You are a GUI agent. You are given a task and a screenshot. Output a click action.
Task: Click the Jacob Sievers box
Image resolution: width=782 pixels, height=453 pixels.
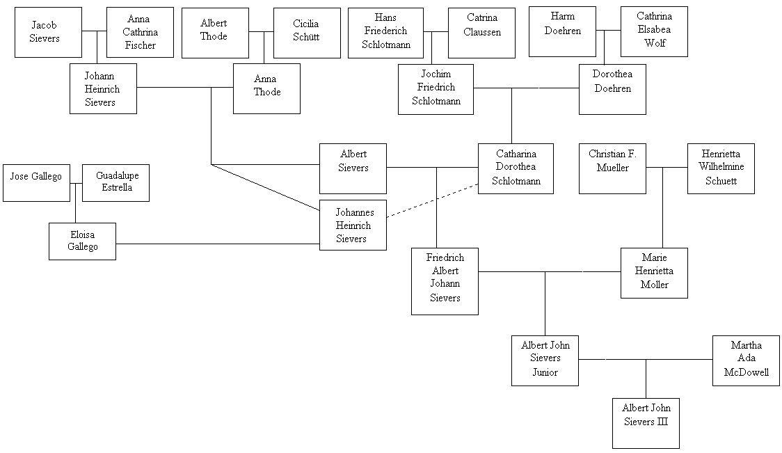(x=48, y=32)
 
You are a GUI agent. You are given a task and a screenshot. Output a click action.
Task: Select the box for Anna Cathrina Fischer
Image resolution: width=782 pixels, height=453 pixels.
(x=140, y=32)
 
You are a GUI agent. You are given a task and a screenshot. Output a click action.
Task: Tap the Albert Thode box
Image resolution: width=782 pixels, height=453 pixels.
(x=214, y=33)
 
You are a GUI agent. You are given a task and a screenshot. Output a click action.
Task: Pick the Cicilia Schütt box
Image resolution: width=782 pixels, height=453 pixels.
(x=307, y=33)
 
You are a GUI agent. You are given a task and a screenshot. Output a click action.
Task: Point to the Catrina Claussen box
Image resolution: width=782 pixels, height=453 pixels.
(x=481, y=33)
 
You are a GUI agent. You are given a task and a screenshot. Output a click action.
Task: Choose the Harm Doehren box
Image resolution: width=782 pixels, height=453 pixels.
(x=562, y=31)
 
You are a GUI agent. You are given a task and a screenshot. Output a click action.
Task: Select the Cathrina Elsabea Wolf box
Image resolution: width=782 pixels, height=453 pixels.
(x=654, y=31)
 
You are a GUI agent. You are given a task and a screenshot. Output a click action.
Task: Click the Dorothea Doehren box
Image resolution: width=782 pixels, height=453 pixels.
(x=612, y=88)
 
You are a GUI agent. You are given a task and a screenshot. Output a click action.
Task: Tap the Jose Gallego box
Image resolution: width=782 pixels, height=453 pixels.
(x=36, y=183)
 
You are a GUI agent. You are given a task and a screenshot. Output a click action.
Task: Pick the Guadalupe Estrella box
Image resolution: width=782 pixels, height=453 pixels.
(x=115, y=183)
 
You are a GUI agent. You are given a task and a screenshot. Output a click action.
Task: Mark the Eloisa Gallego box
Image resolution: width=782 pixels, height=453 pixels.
(x=82, y=241)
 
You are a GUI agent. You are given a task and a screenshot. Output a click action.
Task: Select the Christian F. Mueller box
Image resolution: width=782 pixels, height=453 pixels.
(x=612, y=168)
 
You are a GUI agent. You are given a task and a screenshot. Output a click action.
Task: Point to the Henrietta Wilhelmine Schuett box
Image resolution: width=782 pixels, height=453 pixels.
(x=721, y=168)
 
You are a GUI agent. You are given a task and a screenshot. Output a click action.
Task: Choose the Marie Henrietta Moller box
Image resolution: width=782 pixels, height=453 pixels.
(x=654, y=273)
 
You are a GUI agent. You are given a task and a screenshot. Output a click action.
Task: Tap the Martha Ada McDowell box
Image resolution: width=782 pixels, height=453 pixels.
(x=746, y=360)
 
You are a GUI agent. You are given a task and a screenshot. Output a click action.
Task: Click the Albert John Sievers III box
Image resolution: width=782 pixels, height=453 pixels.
(x=646, y=422)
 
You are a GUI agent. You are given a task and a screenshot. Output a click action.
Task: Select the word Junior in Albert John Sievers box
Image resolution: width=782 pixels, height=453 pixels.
(x=545, y=372)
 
